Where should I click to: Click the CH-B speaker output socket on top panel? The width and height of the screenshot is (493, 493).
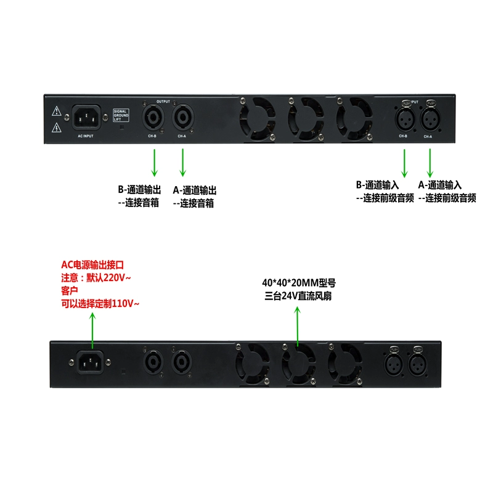click(x=152, y=116)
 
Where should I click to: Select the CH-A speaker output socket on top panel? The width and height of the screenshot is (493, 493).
click(x=182, y=116)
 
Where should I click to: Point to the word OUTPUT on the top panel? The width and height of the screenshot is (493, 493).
click(x=163, y=101)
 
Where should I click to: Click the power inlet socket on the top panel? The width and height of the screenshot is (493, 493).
click(x=86, y=117)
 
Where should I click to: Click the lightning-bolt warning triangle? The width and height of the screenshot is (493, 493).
click(x=57, y=128)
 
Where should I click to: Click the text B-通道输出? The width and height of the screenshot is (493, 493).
click(x=139, y=190)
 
